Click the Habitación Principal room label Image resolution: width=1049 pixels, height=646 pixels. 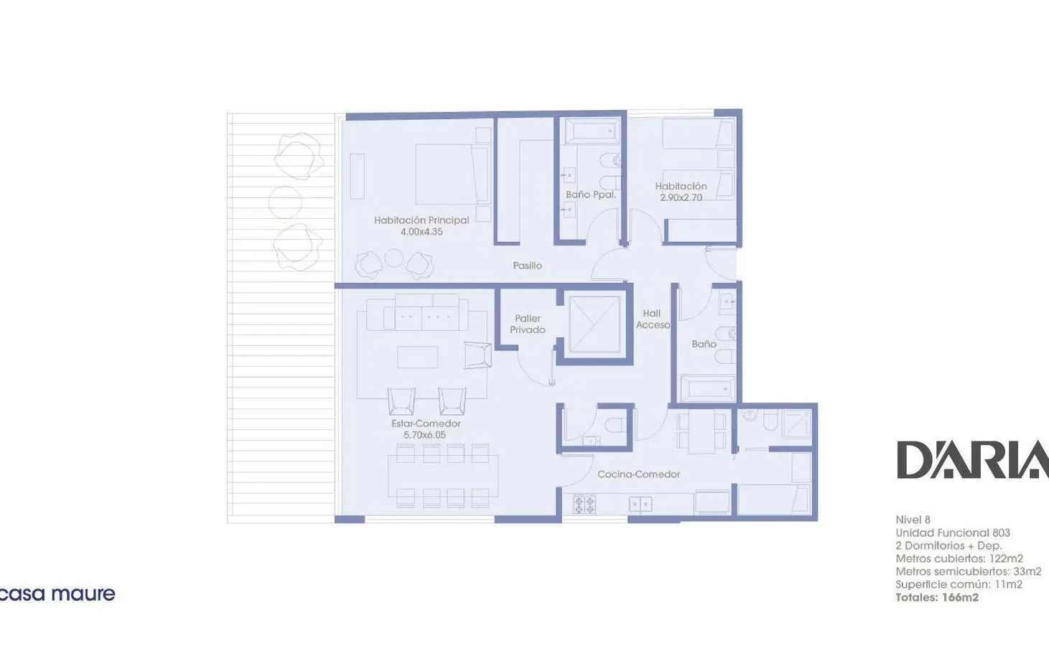[x=421, y=220]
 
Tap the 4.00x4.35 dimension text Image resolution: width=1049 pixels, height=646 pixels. [x=421, y=232]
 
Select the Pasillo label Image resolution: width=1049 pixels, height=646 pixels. [x=527, y=266]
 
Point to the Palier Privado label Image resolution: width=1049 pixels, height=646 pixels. [x=528, y=324]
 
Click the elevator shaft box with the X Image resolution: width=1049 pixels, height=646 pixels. [x=595, y=323]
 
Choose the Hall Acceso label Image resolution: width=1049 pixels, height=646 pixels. [x=653, y=319]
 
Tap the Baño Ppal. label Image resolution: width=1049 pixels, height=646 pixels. [x=590, y=195]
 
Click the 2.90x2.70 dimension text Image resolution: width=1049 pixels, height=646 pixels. [x=681, y=197]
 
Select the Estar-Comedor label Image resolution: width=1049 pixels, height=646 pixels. [x=426, y=423]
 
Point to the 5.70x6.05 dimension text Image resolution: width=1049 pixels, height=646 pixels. [x=425, y=435]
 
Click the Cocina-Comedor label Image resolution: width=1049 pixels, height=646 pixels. [x=639, y=474]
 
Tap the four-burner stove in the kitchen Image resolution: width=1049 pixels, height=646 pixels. [x=584, y=504]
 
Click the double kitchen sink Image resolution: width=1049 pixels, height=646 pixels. [x=640, y=504]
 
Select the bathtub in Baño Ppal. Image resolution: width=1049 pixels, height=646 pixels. [x=592, y=131]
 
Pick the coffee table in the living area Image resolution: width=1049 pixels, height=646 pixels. [x=418, y=357]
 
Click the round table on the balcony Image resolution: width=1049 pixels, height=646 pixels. [x=285, y=202]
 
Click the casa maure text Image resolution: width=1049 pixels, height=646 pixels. [x=57, y=594]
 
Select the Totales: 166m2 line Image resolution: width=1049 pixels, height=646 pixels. [x=937, y=597]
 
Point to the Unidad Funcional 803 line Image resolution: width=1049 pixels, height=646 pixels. [x=953, y=533]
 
